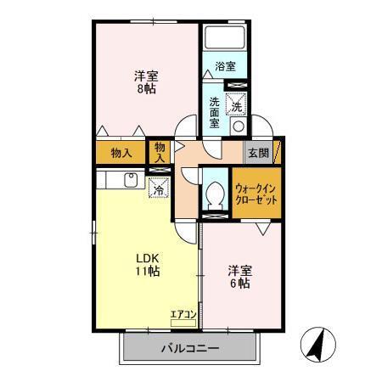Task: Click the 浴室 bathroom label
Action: (x=224, y=66)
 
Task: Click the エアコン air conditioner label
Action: (x=183, y=315)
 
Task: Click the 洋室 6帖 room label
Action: (x=239, y=278)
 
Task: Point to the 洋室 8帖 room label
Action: (x=145, y=81)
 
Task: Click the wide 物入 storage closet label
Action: (x=121, y=154)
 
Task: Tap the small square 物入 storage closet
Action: (x=159, y=153)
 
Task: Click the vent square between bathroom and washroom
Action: (x=239, y=86)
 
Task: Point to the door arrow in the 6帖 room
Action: (x=263, y=228)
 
